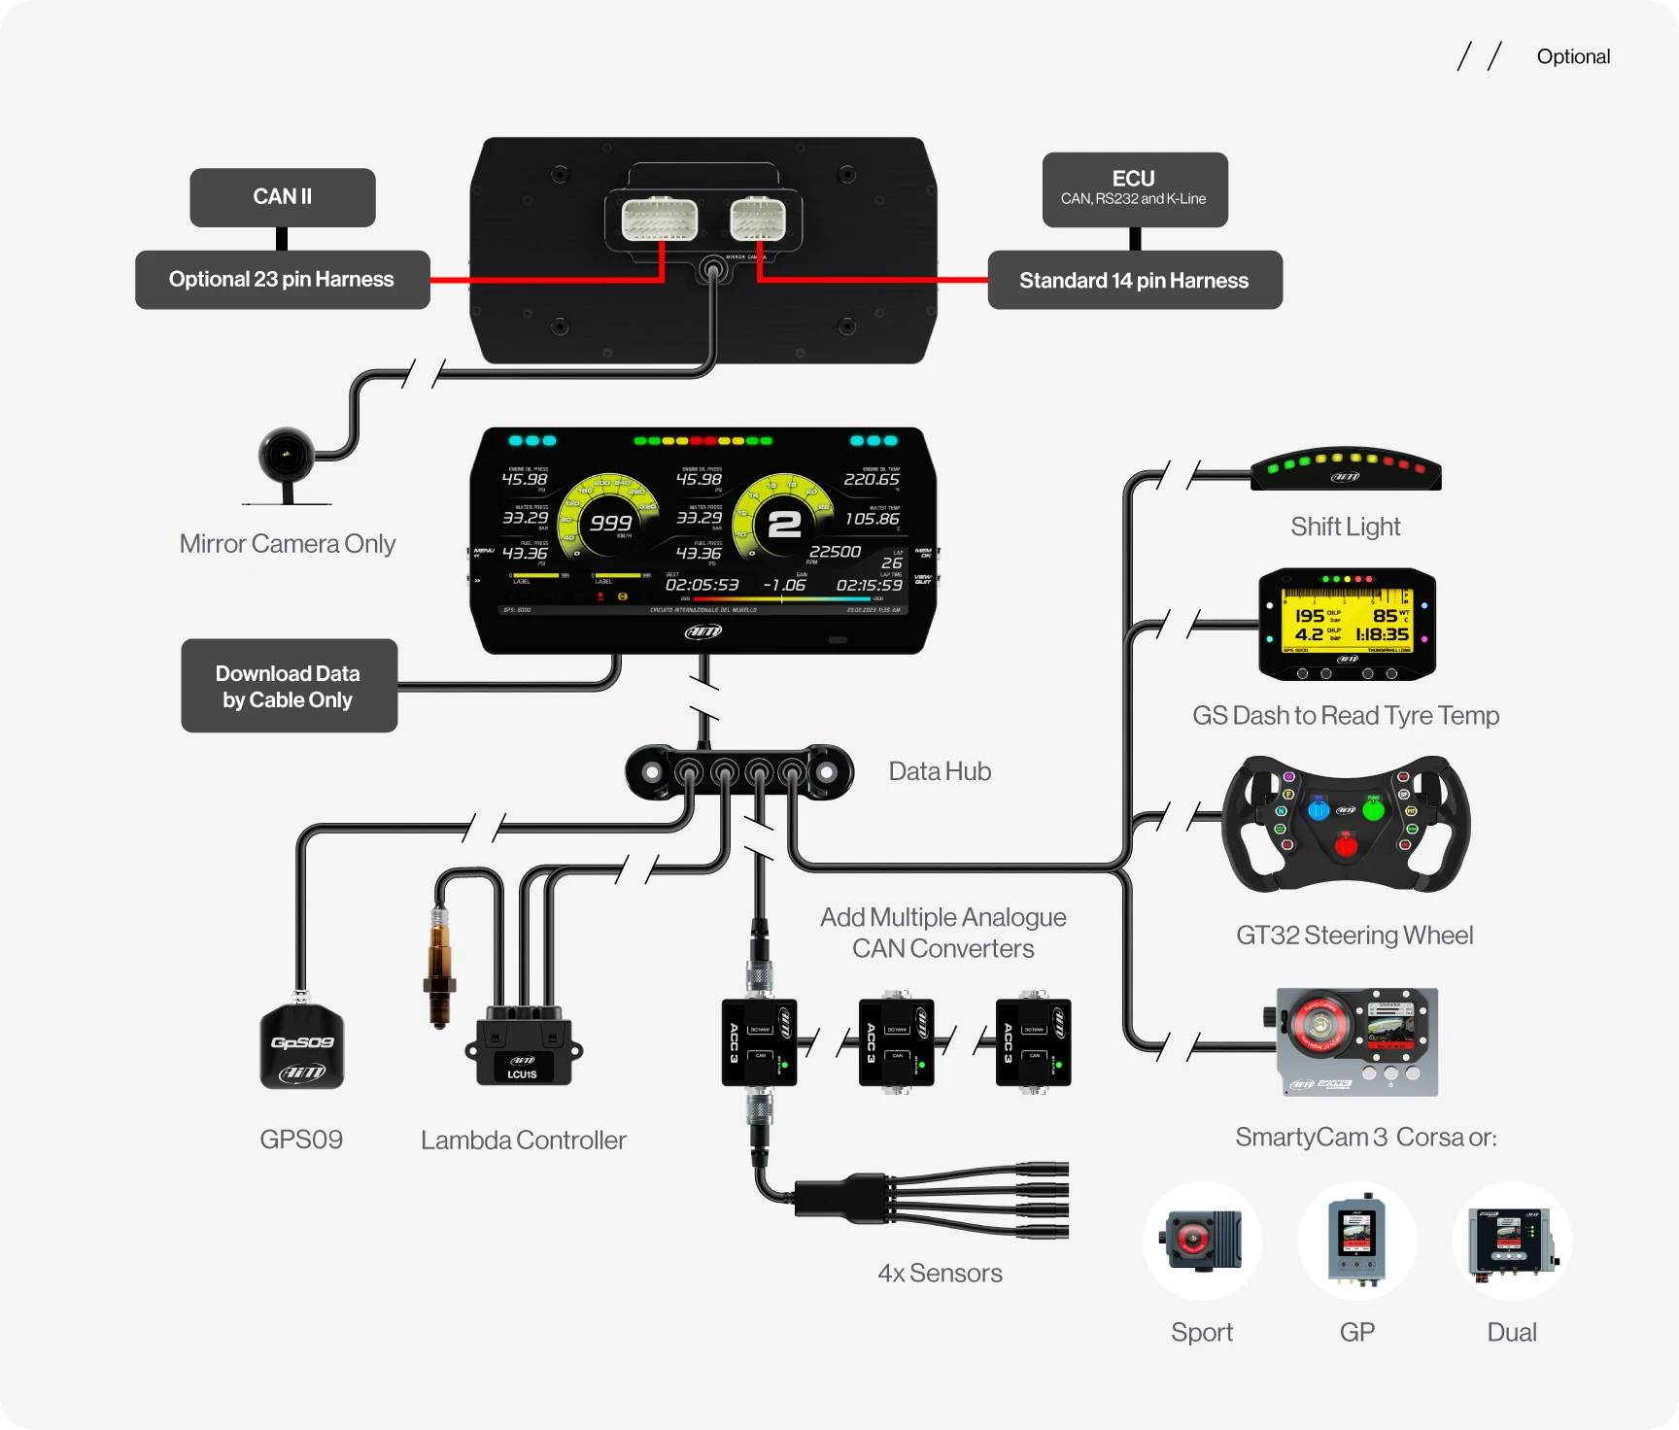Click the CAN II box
[x=283, y=197]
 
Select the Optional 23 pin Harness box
[x=282, y=280]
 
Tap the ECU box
[x=1134, y=188]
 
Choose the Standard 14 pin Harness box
[x=1134, y=281]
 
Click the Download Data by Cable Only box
[x=289, y=686]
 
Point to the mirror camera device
[x=286, y=456]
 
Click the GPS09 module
[x=301, y=1047]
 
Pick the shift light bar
[x=1346, y=469]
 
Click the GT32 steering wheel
[x=1346, y=824]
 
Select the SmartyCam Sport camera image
[x=1202, y=1241]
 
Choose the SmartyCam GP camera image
[x=1356, y=1241]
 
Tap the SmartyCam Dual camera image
[x=1511, y=1241]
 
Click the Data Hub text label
[x=940, y=771]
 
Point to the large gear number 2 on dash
[x=784, y=525]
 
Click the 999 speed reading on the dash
[x=610, y=523]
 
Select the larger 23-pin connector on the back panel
[x=660, y=220]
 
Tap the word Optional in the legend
[x=1573, y=56]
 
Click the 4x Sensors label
[x=940, y=1273]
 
